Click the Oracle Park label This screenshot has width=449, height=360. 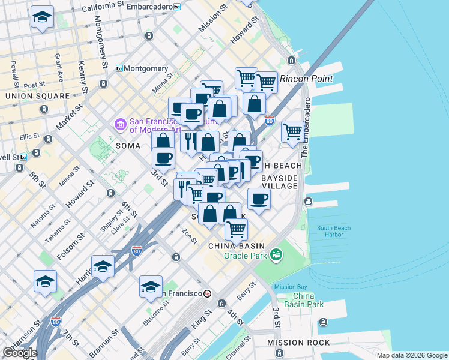[244, 256]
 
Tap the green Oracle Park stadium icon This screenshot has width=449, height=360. [276, 255]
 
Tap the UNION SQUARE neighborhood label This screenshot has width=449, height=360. [37, 96]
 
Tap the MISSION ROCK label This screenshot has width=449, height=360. [298, 343]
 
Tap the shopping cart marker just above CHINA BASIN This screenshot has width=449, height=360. [237, 228]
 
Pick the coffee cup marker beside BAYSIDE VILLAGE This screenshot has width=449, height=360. [259, 199]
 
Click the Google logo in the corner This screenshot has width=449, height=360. [20, 353]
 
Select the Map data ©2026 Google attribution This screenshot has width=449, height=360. [412, 355]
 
